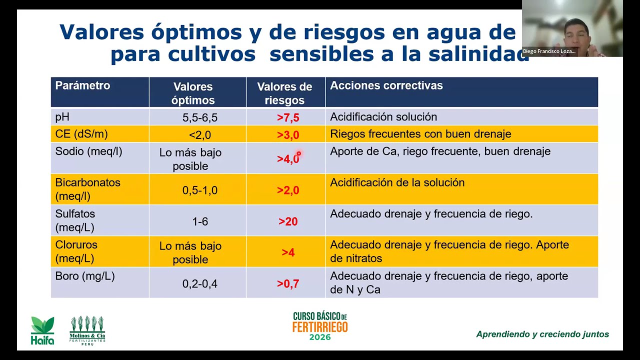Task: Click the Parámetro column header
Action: pyautogui.click(x=82, y=85)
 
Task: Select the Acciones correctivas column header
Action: pyautogui.click(x=386, y=85)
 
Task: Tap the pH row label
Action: pyautogui.click(x=62, y=117)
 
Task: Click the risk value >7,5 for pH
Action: pyautogui.click(x=288, y=118)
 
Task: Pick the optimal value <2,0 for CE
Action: pyautogui.click(x=199, y=135)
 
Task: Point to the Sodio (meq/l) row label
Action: pyautogui.click(x=88, y=151)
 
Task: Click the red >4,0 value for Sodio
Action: pyautogui.click(x=288, y=159)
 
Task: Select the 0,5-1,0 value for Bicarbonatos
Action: pyautogui.click(x=199, y=190)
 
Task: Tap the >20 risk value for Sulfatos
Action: pyautogui.click(x=288, y=221)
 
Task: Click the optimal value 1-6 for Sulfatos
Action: pyautogui.click(x=199, y=221)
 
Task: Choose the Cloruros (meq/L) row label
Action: pyautogui.click(x=76, y=251)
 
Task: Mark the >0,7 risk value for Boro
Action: pyautogui.click(x=288, y=284)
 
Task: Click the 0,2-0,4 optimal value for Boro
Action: pyautogui.click(x=199, y=284)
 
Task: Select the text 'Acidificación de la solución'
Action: pyautogui.click(x=397, y=183)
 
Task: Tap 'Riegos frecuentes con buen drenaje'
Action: pyautogui.click(x=420, y=134)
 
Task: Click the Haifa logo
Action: pyautogui.click(x=42, y=330)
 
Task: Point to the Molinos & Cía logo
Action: pyautogui.click(x=87, y=330)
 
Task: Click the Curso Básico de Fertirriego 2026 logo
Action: pyautogui.click(x=320, y=326)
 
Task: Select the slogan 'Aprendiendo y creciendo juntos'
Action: pyautogui.click(x=542, y=334)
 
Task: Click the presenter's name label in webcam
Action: pyautogui.click(x=549, y=51)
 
